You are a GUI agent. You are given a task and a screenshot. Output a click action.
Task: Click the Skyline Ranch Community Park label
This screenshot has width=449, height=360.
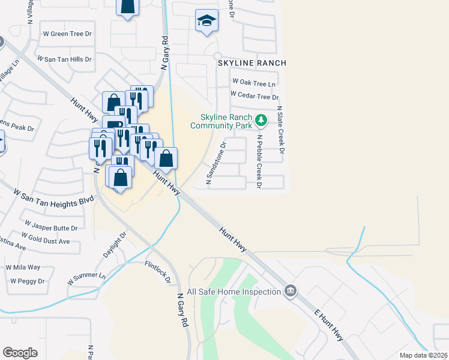(220, 121)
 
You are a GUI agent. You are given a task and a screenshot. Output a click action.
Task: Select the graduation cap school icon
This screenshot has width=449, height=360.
(206, 22)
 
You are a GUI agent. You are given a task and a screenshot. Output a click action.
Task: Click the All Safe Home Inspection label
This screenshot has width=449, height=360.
(234, 292)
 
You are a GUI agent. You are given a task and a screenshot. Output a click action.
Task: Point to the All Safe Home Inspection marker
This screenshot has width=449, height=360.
(291, 291)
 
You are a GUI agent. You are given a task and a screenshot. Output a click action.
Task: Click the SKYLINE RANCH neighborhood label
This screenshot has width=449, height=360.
(252, 63)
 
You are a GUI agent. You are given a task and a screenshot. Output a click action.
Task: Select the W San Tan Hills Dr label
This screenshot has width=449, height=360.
(64, 59)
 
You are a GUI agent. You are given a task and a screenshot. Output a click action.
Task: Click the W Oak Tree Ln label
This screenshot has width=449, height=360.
(254, 82)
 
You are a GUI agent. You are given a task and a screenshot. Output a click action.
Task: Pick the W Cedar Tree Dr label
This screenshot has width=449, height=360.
(255, 96)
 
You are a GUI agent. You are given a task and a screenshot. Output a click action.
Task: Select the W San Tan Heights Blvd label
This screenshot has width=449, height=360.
(54, 196)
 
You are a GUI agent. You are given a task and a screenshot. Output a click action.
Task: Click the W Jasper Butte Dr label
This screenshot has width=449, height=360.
(50, 229)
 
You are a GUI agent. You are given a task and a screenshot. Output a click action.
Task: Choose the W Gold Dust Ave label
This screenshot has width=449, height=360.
(46, 241)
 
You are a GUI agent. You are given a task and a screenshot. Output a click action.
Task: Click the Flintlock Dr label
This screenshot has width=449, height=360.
(157, 271)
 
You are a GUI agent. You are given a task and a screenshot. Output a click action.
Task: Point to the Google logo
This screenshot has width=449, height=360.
(20, 352)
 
